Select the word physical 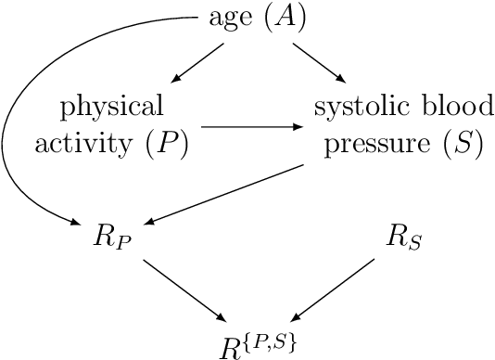[x=111, y=105]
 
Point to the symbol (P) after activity [x=170, y=145]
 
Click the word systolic [x=354, y=105]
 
